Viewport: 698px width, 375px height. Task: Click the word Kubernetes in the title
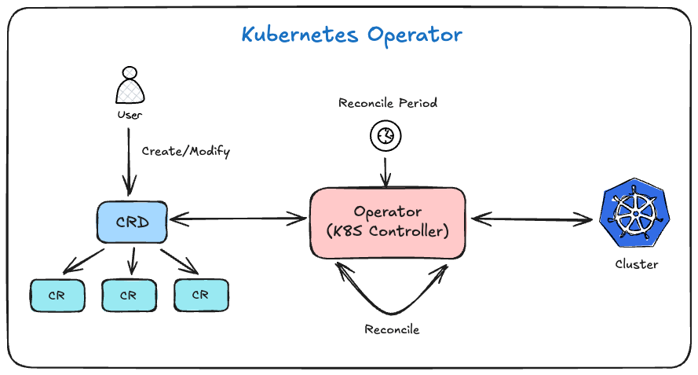click(x=300, y=35)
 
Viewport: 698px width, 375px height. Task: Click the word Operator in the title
click(x=415, y=35)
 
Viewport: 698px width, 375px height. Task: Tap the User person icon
click(x=130, y=85)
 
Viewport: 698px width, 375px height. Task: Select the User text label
click(x=130, y=115)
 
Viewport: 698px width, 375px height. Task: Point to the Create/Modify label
click(x=186, y=152)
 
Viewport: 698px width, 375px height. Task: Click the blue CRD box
click(x=132, y=222)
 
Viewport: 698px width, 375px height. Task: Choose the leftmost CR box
click(x=57, y=295)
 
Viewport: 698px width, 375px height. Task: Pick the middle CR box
click(x=129, y=295)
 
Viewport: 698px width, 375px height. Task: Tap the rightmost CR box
click(x=201, y=295)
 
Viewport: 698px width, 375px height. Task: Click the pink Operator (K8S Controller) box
click(x=388, y=222)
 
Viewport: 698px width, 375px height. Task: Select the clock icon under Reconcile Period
click(x=386, y=135)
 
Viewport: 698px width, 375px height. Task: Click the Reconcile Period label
click(x=388, y=103)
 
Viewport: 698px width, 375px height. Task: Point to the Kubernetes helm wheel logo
click(x=634, y=213)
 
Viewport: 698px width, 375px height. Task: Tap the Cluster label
click(x=637, y=264)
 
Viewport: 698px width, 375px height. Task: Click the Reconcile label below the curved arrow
click(x=392, y=329)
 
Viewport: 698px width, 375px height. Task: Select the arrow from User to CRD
click(x=129, y=162)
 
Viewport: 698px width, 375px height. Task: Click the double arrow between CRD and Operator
click(x=238, y=219)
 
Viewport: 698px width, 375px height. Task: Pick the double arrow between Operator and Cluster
click(x=532, y=219)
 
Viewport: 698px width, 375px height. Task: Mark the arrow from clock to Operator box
click(x=386, y=172)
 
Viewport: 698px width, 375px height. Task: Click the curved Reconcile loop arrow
click(x=392, y=313)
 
